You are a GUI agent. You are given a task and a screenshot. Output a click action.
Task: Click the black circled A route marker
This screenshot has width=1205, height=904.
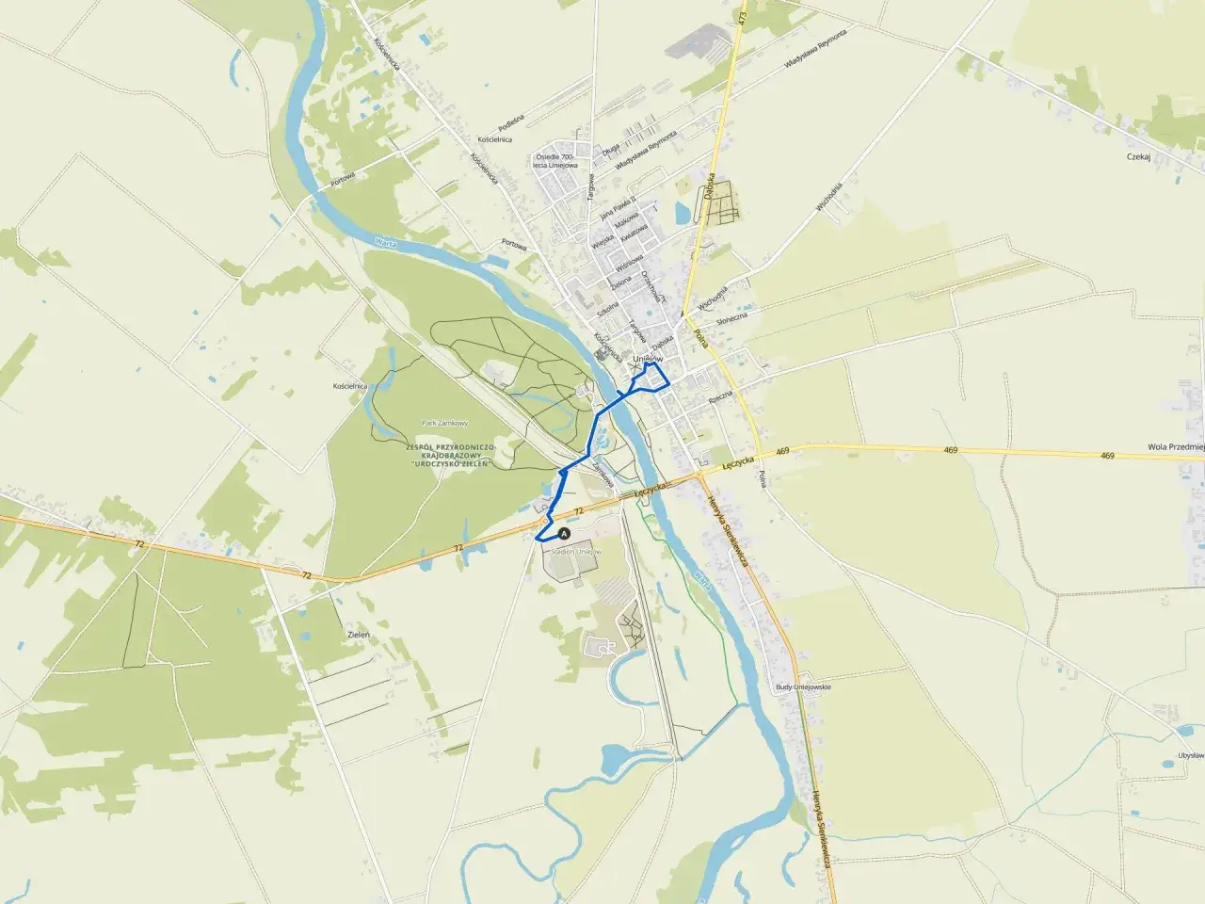coord(565,533)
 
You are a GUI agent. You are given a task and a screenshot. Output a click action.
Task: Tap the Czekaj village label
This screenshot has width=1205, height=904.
coord(1138,158)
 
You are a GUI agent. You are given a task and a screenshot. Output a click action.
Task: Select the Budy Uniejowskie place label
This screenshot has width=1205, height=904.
coord(803,687)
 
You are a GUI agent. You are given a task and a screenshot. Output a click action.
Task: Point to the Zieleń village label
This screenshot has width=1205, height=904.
coord(359,636)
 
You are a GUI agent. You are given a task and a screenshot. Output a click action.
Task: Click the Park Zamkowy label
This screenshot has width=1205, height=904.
coord(445,424)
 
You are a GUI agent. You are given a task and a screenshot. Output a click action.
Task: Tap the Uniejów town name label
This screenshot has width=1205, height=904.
coord(649,358)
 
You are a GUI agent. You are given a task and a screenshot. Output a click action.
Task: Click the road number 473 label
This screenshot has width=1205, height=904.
coord(743,17)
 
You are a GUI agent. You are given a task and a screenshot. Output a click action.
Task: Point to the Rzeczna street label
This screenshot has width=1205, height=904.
coord(720,399)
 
